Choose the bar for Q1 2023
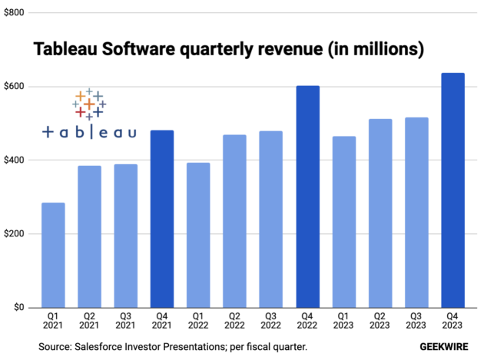coord(343,222)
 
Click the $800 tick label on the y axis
coord(14,13)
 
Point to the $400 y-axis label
coord(14,160)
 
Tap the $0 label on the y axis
coord(17,307)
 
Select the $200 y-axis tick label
coord(14,234)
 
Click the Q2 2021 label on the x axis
coord(89,322)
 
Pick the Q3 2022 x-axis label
coord(270,322)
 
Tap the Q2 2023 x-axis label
coord(380,322)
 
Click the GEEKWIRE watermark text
coord(445,348)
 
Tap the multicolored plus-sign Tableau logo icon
coord(89,104)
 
